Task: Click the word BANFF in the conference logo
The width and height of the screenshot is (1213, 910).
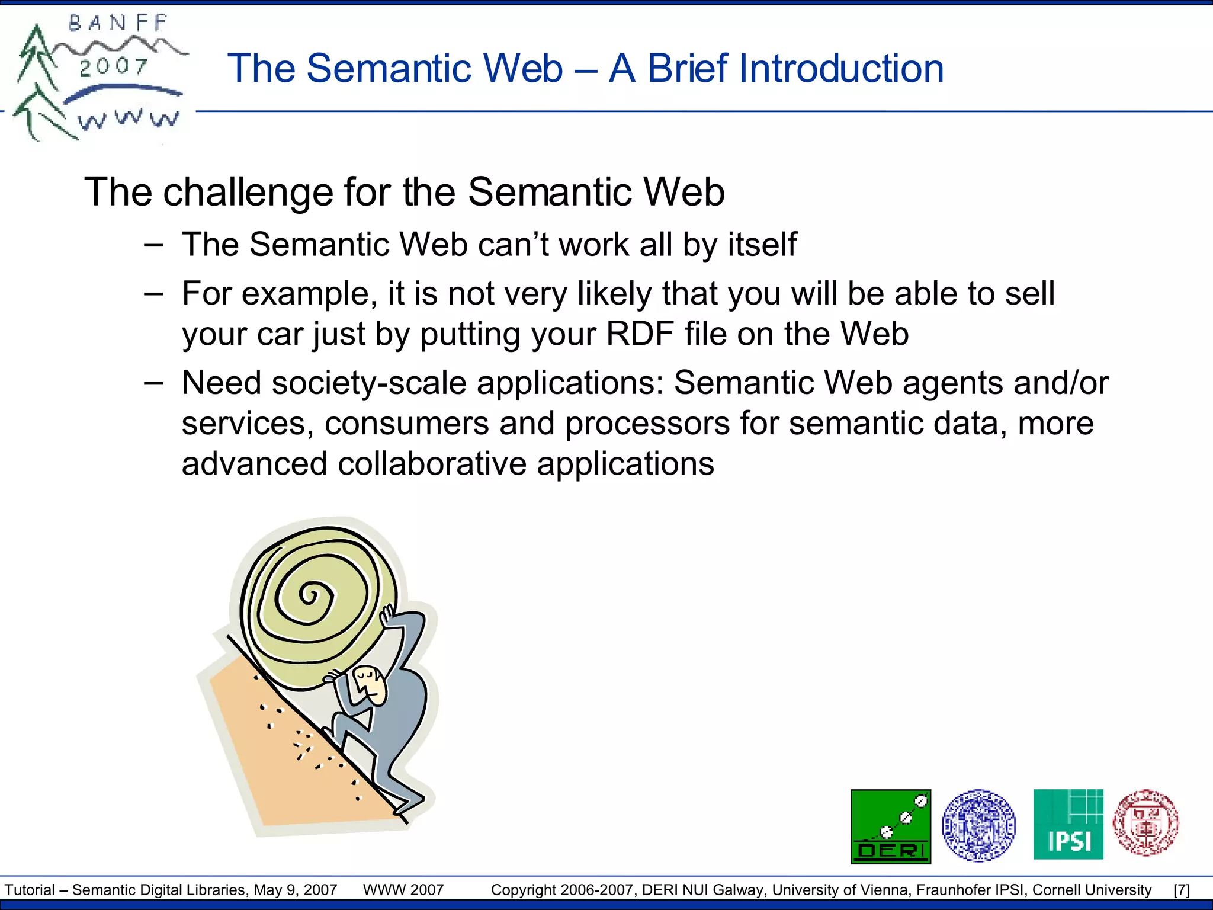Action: [118, 24]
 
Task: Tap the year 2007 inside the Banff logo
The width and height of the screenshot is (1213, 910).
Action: [113, 66]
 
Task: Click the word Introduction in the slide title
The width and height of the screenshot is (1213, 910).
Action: [795, 69]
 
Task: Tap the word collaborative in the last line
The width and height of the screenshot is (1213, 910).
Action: [432, 463]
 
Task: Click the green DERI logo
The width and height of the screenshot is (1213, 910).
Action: [890, 826]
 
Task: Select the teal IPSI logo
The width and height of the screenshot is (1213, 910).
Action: [1068, 824]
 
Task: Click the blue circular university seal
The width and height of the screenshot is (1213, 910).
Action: [978, 825]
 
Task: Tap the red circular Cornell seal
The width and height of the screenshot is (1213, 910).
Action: [1145, 822]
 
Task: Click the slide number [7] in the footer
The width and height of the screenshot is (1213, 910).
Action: [1181, 890]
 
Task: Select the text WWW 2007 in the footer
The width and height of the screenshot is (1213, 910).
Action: [403, 890]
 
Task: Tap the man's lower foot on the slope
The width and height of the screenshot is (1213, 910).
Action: [409, 804]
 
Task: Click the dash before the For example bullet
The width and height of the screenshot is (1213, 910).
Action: [153, 294]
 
